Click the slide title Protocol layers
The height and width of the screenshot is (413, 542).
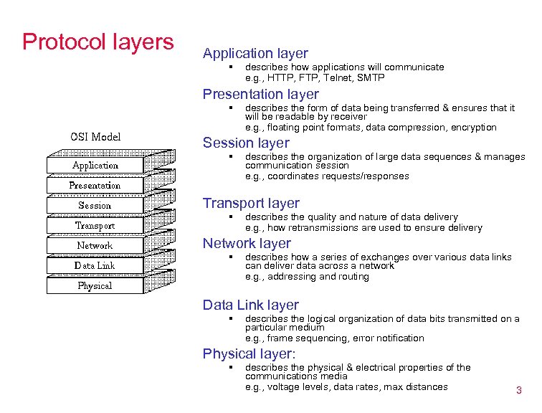(x=98, y=42)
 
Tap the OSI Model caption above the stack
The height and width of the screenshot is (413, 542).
(x=95, y=137)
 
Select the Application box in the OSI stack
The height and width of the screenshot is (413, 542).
(x=95, y=165)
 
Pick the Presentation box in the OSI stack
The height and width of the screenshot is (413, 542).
(x=95, y=185)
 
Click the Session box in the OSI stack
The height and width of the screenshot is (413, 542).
(x=95, y=205)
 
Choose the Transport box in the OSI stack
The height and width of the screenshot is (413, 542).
(x=95, y=225)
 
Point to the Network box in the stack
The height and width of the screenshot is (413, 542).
(x=95, y=245)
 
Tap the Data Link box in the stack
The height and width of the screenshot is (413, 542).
(x=95, y=265)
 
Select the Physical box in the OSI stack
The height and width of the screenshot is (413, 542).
(x=95, y=285)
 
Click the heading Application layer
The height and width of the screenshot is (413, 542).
(x=255, y=53)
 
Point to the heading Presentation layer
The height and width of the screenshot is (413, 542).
(x=261, y=94)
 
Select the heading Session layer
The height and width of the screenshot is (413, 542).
(x=246, y=143)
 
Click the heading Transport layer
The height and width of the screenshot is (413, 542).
(x=251, y=204)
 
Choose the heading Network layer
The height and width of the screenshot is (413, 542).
(x=247, y=244)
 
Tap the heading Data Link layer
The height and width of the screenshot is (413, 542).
(x=251, y=305)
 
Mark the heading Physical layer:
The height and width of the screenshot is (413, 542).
(x=249, y=353)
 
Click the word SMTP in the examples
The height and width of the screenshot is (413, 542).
(x=371, y=77)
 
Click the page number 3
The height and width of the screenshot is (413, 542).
(x=518, y=391)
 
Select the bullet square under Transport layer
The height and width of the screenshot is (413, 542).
(x=231, y=217)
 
